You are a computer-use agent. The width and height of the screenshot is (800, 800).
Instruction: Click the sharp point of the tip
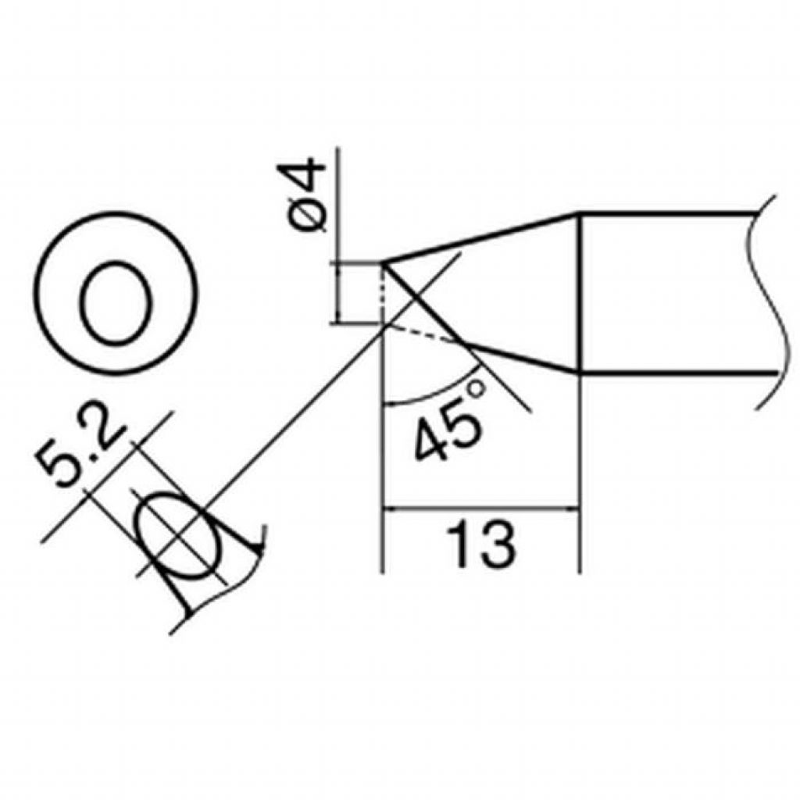tap(382, 262)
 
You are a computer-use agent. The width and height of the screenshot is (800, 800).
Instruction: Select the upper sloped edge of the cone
tap(480, 237)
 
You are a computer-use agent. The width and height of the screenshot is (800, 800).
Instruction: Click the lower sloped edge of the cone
tap(520, 356)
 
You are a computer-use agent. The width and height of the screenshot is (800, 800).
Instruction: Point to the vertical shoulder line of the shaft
tap(580, 293)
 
